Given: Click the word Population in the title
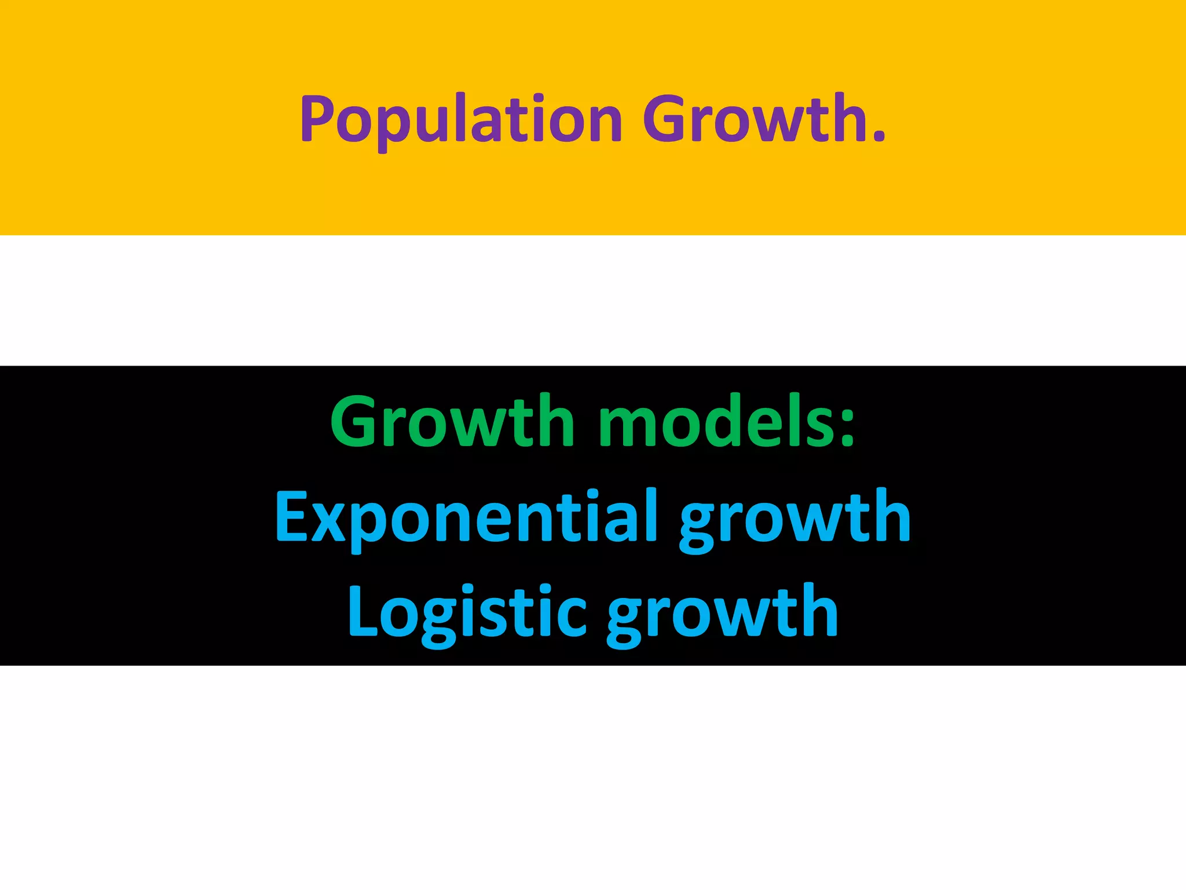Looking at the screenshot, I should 461,120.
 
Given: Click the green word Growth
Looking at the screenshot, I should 452,422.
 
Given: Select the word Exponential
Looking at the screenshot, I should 466,517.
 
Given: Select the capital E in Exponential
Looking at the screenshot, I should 291,517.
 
